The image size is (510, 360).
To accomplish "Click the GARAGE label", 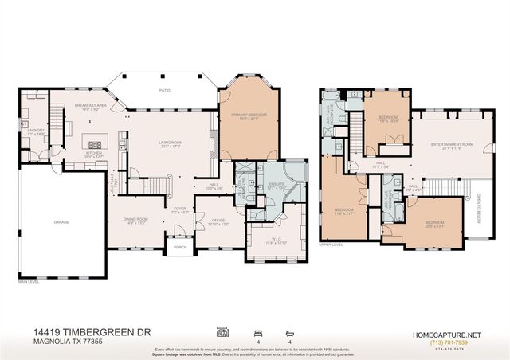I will [x=61, y=221].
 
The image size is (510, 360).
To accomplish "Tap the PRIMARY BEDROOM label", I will [x=248, y=116].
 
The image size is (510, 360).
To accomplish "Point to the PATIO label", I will [x=164, y=91].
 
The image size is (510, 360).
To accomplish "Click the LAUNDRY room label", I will [x=36, y=131].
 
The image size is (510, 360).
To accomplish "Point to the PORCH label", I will [x=179, y=248].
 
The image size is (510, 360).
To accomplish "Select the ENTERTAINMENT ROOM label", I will [x=452, y=145].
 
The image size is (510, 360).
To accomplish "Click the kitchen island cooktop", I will [x=95, y=144].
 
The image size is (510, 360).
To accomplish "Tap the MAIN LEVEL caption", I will [x=29, y=281].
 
